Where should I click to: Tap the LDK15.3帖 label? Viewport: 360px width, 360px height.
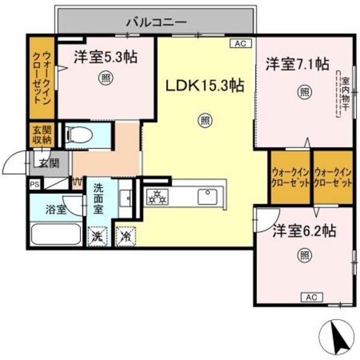(205, 86)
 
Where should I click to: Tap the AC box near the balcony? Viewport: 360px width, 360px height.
(239, 43)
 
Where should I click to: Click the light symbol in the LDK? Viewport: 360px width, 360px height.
(205, 120)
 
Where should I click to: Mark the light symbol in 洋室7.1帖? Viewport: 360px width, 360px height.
(304, 92)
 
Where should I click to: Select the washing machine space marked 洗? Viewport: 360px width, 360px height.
(96, 236)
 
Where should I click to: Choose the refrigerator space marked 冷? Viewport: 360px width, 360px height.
(127, 236)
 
